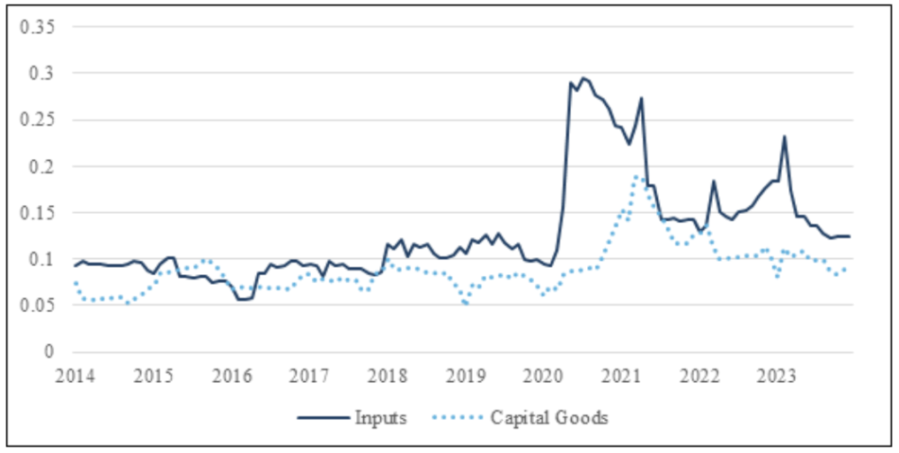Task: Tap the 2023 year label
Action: click(776, 373)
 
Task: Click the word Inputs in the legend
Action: click(379, 418)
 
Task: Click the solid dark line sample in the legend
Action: click(324, 418)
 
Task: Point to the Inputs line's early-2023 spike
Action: click(785, 137)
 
